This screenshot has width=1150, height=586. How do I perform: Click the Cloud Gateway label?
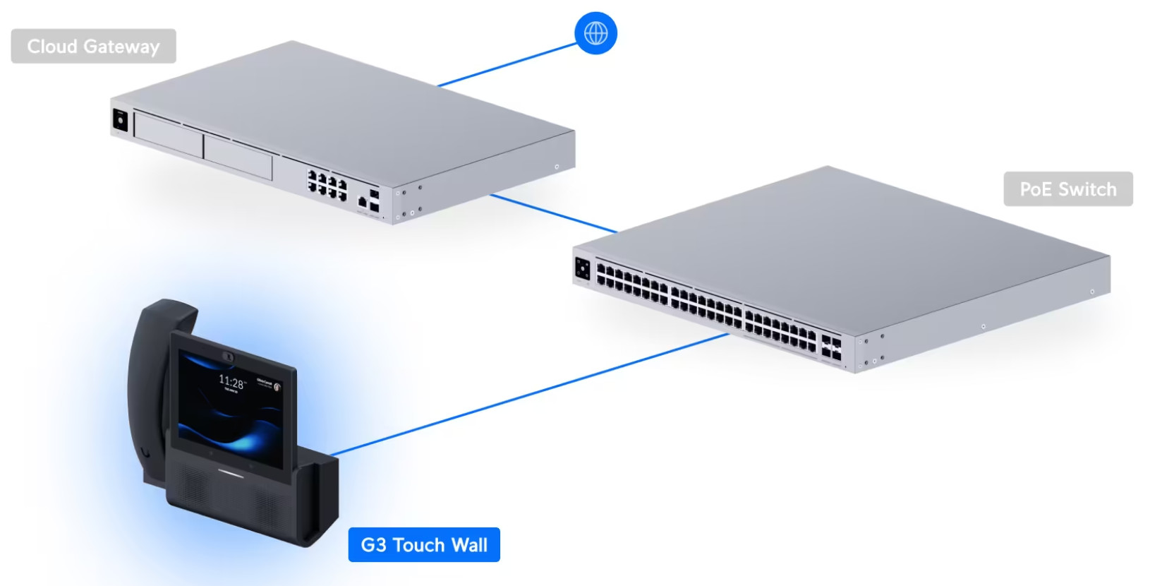pos(93,47)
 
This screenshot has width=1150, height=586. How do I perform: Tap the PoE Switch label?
pos(1067,189)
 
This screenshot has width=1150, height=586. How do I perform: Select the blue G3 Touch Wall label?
pos(424,545)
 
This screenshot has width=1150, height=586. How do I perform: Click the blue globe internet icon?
pos(595,33)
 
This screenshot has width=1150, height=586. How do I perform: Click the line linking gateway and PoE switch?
pos(554,213)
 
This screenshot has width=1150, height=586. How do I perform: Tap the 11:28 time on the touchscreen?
pos(231,382)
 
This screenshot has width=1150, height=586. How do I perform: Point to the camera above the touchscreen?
pos(229,357)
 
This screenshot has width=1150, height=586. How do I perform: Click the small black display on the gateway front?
pos(120,120)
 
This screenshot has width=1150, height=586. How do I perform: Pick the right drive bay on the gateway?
pos(238,157)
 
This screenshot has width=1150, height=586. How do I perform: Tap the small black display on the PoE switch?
pos(583,269)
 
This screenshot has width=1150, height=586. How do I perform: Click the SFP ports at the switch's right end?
pos(831,348)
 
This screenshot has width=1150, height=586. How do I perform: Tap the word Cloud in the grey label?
pos(52,47)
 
